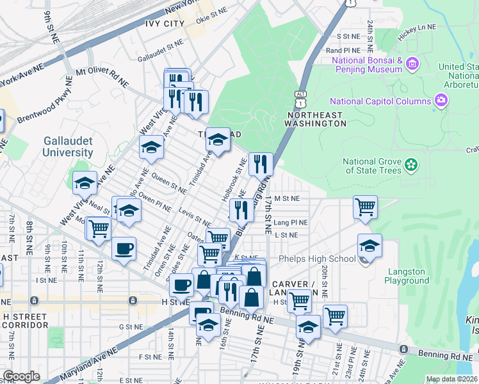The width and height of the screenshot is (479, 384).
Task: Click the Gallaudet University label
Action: (x=67, y=147)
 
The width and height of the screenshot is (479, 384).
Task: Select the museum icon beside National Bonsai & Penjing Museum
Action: (x=412, y=64)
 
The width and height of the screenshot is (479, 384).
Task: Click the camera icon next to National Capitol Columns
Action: (x=441, y=100)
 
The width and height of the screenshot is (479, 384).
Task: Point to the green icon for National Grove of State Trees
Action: (x=410, y=166)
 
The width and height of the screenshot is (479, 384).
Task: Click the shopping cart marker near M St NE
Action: (x=365, y=206)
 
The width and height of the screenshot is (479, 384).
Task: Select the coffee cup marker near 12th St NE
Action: (x=124, y=248)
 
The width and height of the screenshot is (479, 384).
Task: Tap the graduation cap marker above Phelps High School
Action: (x=369, y=245)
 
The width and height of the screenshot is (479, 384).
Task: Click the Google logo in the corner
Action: (x=21, y=376)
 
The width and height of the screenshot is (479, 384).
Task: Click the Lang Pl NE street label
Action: (x=291, y=222)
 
